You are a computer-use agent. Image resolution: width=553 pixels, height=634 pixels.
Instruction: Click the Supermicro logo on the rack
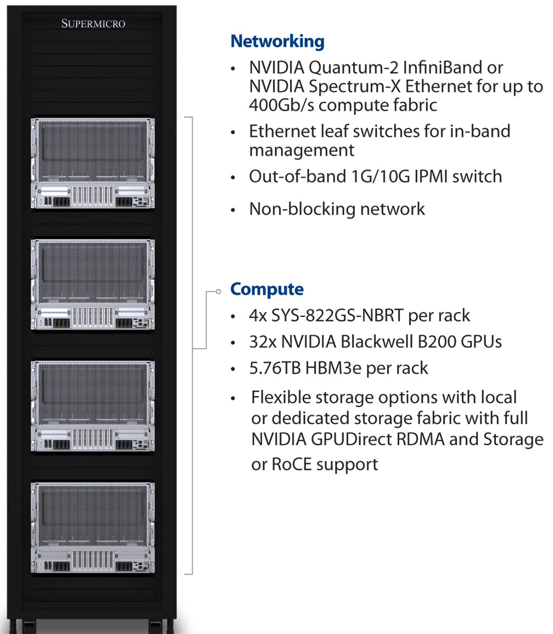point(93,24)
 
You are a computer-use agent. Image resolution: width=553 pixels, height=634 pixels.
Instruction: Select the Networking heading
point(277,41)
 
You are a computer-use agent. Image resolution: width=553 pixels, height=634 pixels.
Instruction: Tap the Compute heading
point(266,289)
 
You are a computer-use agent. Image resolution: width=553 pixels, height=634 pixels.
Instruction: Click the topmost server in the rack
point(93,164)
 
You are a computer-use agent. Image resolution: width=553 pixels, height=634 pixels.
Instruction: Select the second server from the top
point(93,285)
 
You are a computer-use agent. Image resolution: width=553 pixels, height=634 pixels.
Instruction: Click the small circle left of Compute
point(219,291)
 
